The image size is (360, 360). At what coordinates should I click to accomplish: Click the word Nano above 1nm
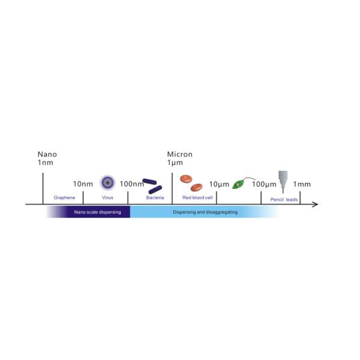tap(47, 154)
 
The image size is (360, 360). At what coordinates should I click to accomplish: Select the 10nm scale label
tap(83, 184)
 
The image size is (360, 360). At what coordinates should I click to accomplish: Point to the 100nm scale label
tap(131, 184)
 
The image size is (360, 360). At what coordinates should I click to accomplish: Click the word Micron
tap(179, 154)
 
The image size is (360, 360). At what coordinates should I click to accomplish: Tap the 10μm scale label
tap(219, 184)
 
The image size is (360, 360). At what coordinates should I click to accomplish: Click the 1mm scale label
tap(302, 184)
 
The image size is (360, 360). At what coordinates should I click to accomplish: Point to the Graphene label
tap(64, 197)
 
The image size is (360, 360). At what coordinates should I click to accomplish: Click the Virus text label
tap(107, 197)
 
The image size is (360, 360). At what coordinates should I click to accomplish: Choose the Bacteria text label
tap(155, 197)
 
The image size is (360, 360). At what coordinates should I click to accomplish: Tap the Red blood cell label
tap(197, 197)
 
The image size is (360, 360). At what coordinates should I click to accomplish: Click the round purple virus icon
tap(107, 182)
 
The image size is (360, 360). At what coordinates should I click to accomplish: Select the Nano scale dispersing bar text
tap(97, 212)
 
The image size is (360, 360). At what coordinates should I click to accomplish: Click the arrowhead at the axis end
tap(316, 205)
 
